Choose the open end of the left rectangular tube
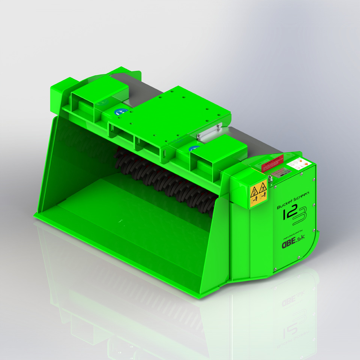coord(83,100)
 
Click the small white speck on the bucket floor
coord(121,220)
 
